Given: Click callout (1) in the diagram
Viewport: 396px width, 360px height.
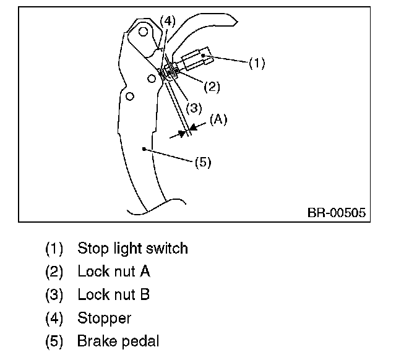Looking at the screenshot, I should click(x=256, y=63).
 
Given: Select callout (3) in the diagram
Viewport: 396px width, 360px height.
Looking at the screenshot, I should click(x=194, y=107).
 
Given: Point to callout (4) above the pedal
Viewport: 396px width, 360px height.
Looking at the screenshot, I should click(x=167, y=20).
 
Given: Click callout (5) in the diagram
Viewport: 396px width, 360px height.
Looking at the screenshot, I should click(x=203, y=163).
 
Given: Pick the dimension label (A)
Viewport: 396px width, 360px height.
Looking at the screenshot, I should click(x=218, y=120).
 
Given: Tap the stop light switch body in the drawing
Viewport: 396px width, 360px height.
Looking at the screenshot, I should click(x=196, y=59).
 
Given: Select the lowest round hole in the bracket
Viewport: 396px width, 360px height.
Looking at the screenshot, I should click(x=129, y=97).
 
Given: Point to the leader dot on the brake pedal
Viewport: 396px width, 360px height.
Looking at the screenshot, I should click(x=144, y=148).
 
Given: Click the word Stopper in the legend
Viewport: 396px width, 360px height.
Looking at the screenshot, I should click(x=104, y=318).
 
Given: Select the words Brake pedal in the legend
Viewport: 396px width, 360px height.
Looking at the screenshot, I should click(x=118, y=341).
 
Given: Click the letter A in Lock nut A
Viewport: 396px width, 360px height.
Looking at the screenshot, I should click(x=145, y=272).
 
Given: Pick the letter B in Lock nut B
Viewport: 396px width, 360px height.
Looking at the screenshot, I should click(x=145, y=295).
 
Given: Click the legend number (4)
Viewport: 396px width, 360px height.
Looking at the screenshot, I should click(x=54, y=319).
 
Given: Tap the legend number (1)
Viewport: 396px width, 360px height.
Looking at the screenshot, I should click(x=54, y=249).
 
